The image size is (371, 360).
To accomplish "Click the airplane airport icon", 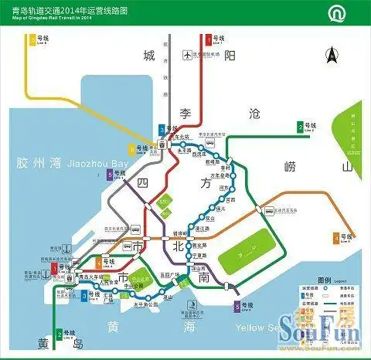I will (186, 55).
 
